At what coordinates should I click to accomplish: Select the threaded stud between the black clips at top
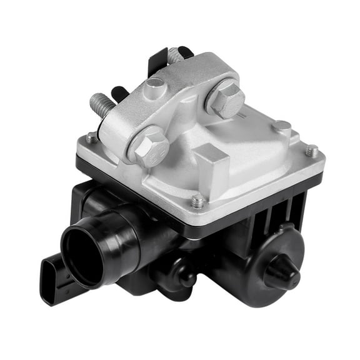pos(175,56)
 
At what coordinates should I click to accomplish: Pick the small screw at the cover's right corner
pos(311,151)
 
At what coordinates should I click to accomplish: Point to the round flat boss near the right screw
pos(281,127)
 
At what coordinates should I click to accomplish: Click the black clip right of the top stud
pos(186,51)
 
